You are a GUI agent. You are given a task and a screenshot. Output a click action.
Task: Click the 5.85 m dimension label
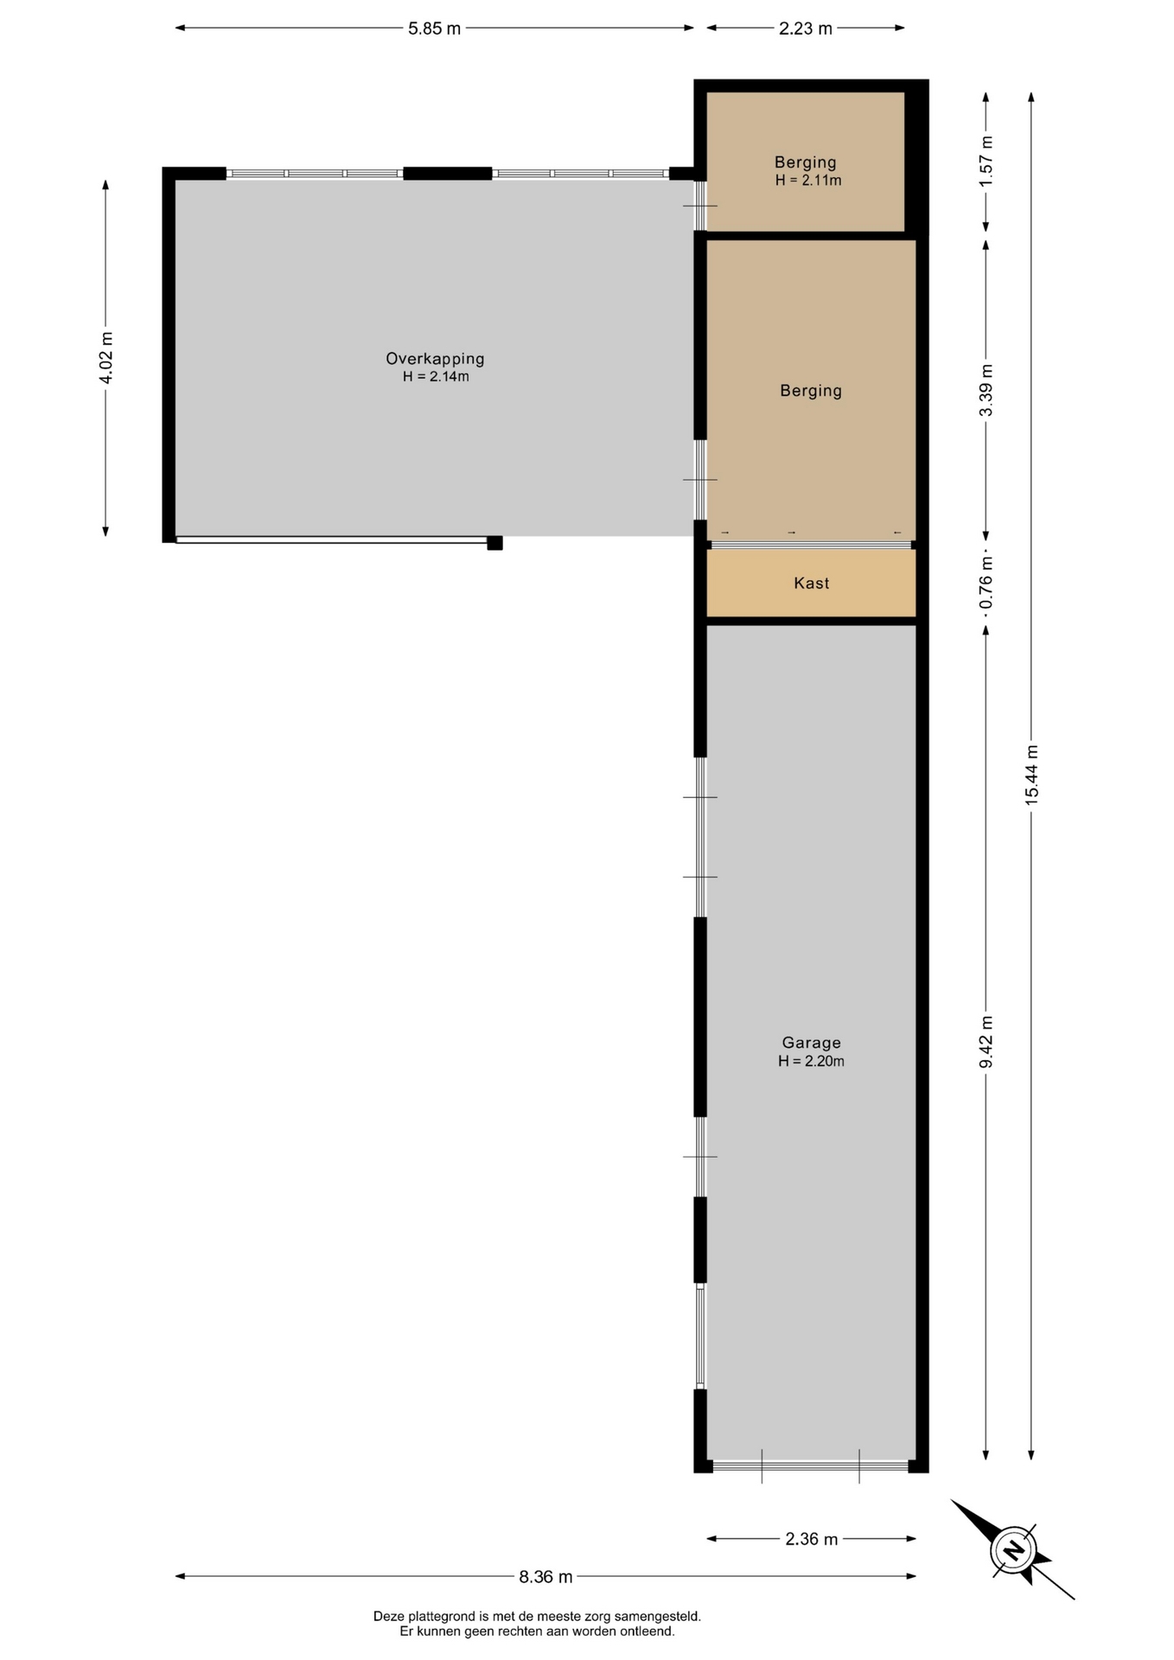(x=434, y=29)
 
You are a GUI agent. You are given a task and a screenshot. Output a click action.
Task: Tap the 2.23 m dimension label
(x=805, y=29)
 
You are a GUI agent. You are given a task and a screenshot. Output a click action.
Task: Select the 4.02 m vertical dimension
(x=105, y=358)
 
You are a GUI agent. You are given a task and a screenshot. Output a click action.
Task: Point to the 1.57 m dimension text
(x=986, y=161)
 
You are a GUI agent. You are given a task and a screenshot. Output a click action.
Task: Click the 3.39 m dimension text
(x=986, y=390)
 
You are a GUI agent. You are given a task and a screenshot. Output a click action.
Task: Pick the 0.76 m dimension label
(x=986, y=583)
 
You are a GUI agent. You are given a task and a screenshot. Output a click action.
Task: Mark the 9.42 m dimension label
(x=986, y=1042)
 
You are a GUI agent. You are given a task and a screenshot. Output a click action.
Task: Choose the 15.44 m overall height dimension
(x=1031, y=775)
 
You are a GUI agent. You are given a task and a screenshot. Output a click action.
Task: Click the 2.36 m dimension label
(x=811, y=1539)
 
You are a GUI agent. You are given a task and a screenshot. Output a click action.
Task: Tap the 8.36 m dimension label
(x=546, y=1576)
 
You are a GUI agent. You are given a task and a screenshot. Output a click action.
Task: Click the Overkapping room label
(x=435, y=358)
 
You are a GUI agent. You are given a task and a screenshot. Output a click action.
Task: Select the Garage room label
(x=811, y=1043)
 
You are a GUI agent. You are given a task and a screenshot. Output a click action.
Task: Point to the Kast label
(x=811, y=584)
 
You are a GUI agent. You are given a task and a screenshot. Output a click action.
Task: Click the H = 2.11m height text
(x=808, y=181)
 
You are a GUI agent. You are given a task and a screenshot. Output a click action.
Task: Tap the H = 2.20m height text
(x=811, y=1062)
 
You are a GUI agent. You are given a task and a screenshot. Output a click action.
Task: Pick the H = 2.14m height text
(x=436, y=377)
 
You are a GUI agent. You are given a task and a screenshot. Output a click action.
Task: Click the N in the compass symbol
(x=1013, y=1549)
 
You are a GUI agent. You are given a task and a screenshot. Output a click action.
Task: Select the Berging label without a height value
(x=811, y=391)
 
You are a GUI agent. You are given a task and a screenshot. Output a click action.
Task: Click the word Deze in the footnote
(x=389, y=1616)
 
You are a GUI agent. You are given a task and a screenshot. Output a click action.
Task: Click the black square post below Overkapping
(x=494, y=543)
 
